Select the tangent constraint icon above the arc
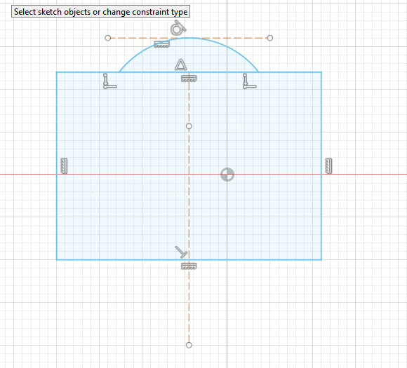click(x=178, y=27)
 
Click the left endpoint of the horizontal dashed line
click(x=108, y=38)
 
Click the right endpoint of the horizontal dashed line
click(x=270, y=38)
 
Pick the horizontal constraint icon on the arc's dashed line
click(x=161, y=44)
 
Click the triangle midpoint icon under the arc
click(x=180, y=64)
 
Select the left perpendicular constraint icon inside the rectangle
click(x=109, y=81)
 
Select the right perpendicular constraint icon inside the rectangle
click(x=249, y=81)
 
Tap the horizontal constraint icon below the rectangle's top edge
click(x=189, y=79)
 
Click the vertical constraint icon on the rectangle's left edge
click(x=64, y=166)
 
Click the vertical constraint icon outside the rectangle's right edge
click(x=328, y=166)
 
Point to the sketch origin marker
click(x=227, y=175)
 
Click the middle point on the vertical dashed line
click(x=189, y=126)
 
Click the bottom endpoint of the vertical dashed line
click(x=189, y=345)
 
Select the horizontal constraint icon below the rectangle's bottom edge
click(x=189, y=266)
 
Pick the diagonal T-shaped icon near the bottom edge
click(x=181, y=252)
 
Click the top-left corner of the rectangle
click(x=57, y=72)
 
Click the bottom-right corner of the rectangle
click(x=321, y=259)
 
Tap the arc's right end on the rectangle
click(x=258, y=72)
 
